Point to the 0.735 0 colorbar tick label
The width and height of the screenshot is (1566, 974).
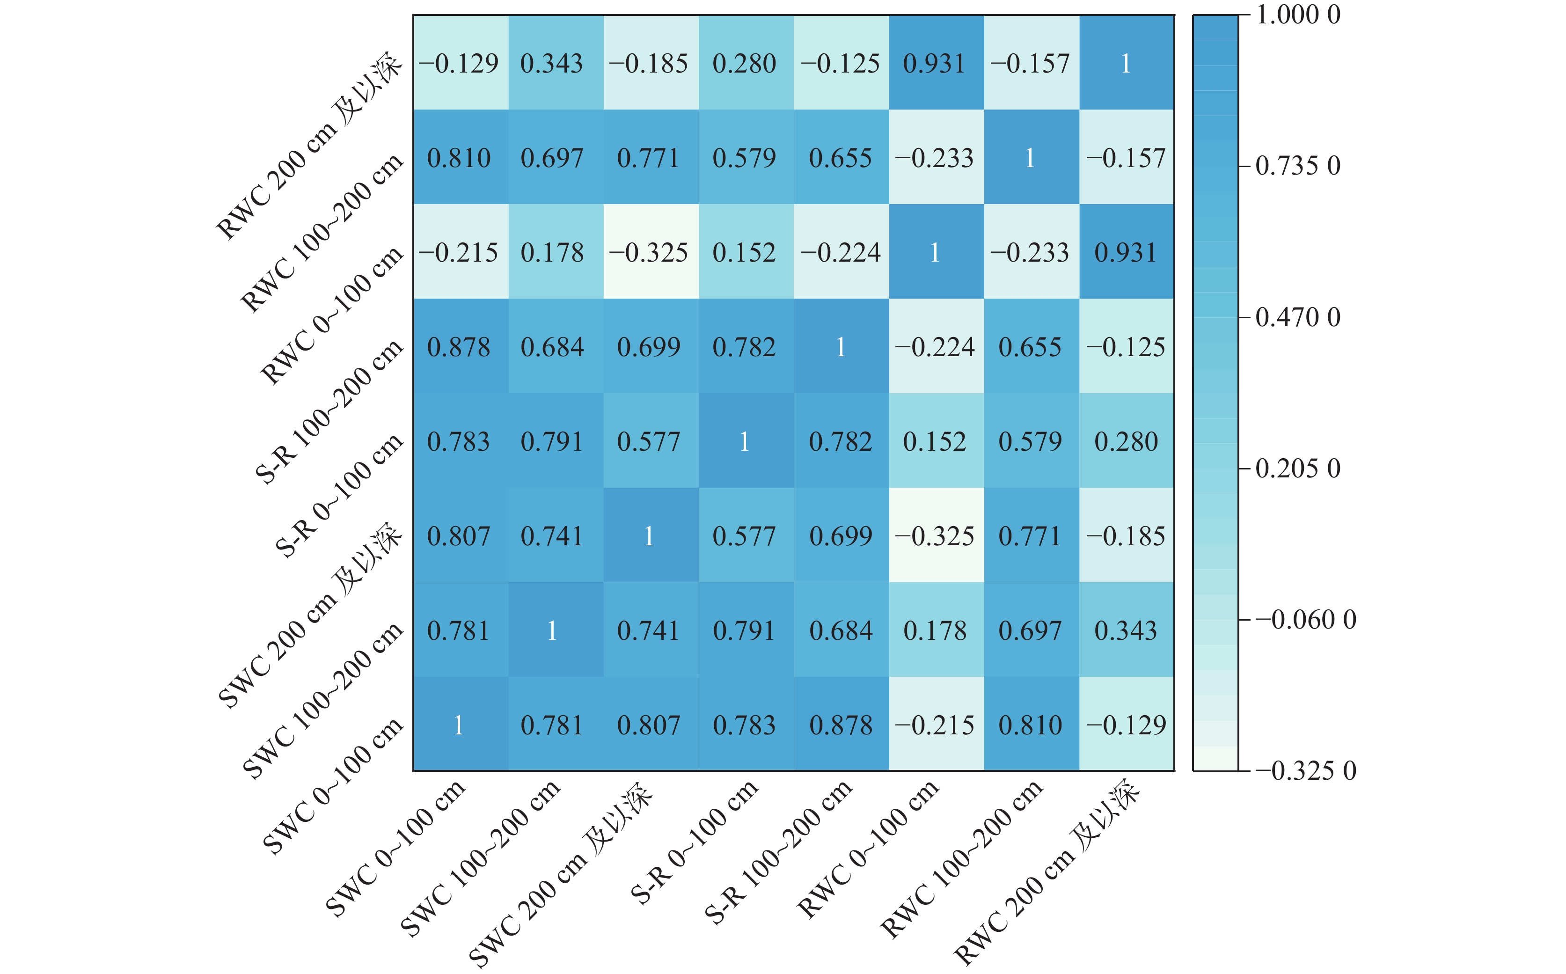coord(1297,166)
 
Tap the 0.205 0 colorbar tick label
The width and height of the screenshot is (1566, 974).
coord(1297,469)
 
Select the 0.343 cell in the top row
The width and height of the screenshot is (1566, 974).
coord(552,63)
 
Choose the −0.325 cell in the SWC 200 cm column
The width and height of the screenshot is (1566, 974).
coord(649,253)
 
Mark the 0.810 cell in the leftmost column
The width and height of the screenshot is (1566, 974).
coord(459,158)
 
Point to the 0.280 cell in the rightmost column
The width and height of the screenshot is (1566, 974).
coord(1126,442)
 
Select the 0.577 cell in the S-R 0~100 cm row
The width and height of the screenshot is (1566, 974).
coord(649,442)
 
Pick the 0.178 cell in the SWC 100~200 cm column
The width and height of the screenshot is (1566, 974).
coord(552,253)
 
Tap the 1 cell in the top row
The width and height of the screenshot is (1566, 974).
coord(1126,63)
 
